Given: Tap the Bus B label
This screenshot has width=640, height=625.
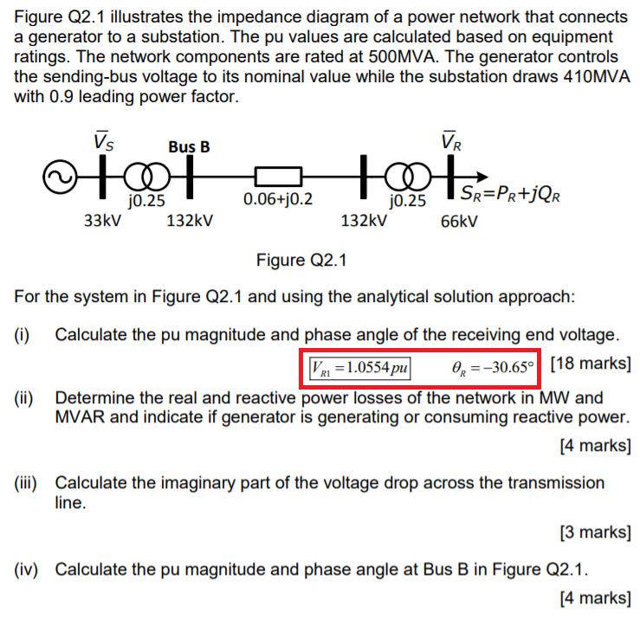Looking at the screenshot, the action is click(189, 147).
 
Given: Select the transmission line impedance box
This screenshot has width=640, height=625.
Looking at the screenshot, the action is click(277, 178).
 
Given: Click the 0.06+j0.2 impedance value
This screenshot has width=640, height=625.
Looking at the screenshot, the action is click(279, 200).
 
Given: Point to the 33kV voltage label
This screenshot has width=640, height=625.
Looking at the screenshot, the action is click(100, 220).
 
